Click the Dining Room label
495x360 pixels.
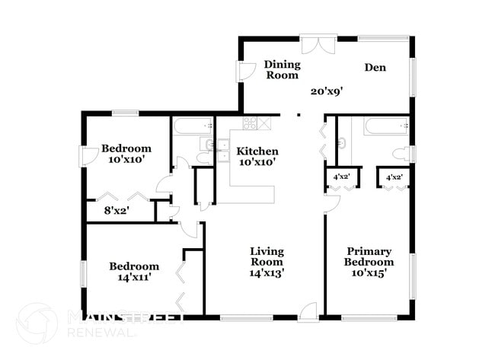[282, 70]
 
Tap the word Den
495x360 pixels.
[375, 68]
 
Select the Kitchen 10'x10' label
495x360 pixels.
[257, 157]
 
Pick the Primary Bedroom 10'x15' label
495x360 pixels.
[369, 262]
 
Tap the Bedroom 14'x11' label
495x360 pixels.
[134, 272]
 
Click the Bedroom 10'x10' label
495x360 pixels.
[126, 155]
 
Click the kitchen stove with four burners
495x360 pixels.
[250, 123]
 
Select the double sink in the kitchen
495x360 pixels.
[223, 149]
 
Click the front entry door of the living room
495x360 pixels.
[308, 311]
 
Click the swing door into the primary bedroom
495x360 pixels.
[331, 203]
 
